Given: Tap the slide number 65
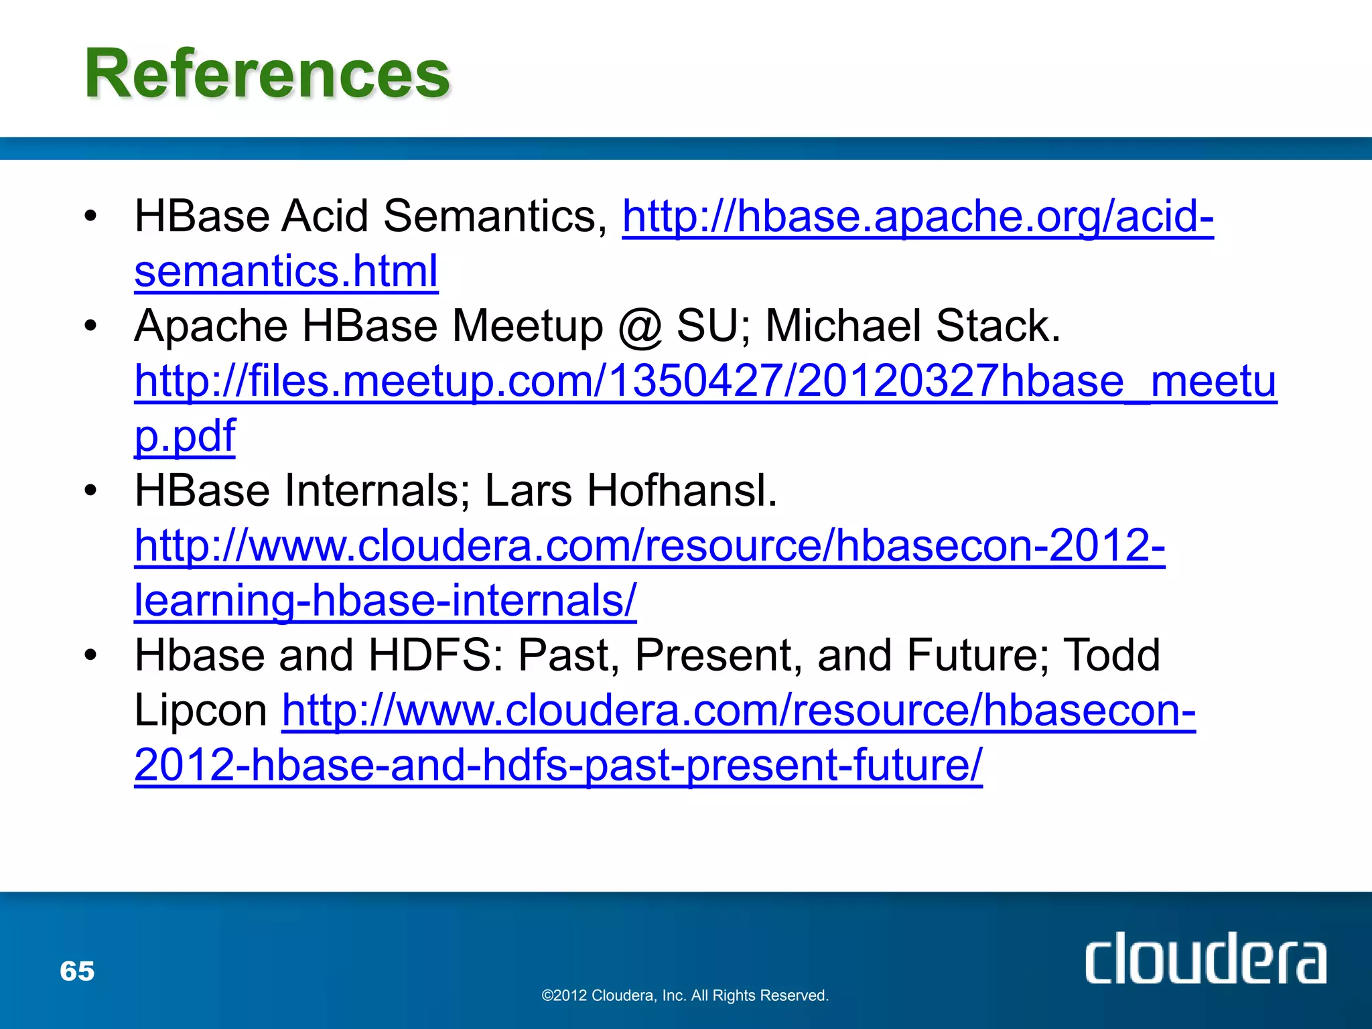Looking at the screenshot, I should pos(77,971).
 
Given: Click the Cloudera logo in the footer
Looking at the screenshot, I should pos(1205,959).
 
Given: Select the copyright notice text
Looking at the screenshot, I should pos(685,996).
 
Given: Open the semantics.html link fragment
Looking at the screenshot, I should pos(286,271).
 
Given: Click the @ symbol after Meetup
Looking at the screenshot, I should pos(640,326).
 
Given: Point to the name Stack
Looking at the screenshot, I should pos(998,326).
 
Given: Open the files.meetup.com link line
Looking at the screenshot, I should pos(705,381).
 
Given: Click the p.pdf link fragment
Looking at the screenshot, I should pos(185,436).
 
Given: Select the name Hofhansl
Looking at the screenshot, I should pos(682,491).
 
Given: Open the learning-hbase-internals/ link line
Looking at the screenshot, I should pos(385,601).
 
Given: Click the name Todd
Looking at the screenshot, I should pos(1111,655).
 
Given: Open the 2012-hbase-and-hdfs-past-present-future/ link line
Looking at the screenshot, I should pos(558,765).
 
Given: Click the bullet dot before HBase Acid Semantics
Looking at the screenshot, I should pos(91,216).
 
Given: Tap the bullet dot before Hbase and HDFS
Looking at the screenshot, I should pos(91,655).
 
